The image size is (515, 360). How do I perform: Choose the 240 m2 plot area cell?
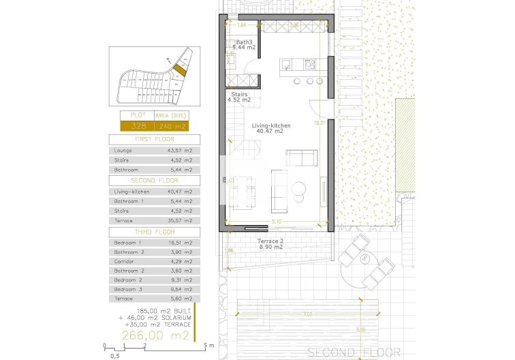pos(171,126)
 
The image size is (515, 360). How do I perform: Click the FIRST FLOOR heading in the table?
pos(154,138)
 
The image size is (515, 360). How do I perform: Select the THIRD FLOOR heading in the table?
pos(154,232)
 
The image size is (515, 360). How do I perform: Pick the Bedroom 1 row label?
pos(127,243)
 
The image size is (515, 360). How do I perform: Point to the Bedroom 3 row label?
pos(127,289)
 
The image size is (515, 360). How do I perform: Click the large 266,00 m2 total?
pos(155,335)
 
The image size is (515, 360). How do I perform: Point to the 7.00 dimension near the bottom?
pos(307,314)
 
